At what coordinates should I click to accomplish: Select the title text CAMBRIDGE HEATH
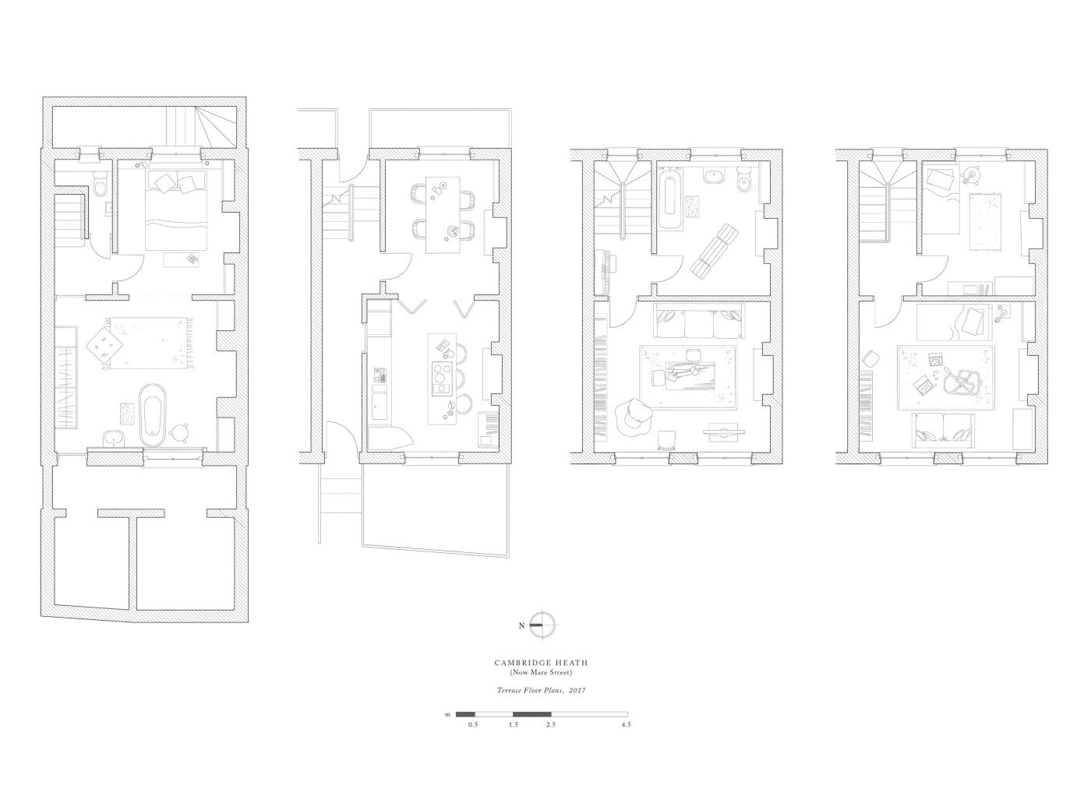pyautogui.click(x=541, y=663)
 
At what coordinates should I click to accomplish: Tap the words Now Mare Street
pyautogui.click(x=541, y=673)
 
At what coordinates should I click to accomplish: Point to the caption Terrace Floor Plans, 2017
pyautogui.click(x=541, y=690)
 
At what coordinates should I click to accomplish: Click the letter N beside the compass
pyautogui.click(x=521, y=625)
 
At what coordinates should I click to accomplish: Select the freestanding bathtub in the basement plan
pyautogui.click(x=153, y=415)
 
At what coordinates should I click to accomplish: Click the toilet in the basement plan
pyautogui.click(x=100, y=184)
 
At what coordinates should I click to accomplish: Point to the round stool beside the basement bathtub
pyautogui.click(x=180, y=432)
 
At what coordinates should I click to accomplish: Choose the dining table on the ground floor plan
pyautogui.click(x=443, y=215)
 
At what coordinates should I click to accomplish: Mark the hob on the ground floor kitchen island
pyautogui.click(x=442, y=379)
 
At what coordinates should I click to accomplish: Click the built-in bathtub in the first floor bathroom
pyautogui.click(x=671, y=197)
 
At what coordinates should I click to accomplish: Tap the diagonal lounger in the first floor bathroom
pyautogui.click(x=715, y=252)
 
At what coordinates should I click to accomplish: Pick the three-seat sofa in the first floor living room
pyautogui.click(x=700, y=321)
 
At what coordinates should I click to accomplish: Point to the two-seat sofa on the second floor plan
pyautogui.click(x=944, y=431)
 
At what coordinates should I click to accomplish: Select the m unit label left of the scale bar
pyautogui.click(x=447, y=715)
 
